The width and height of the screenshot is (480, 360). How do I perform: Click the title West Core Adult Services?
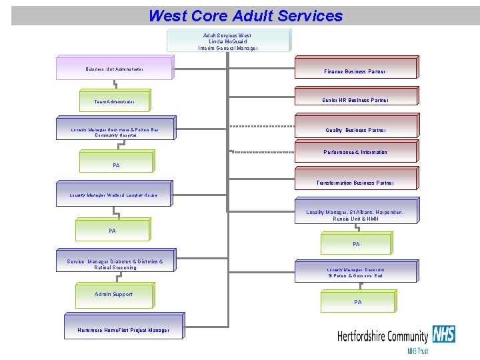point(245,15)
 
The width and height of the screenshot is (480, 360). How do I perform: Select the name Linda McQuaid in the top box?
point(227,41)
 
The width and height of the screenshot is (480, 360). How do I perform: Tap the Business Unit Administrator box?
point(115,68)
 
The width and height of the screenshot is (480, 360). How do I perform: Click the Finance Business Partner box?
point(355,70)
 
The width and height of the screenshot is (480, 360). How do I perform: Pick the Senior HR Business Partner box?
point(355,99)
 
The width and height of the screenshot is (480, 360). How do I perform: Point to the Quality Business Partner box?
point(355,129)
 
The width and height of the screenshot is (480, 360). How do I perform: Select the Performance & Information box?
point(355,152)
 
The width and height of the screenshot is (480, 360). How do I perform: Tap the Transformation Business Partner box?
point(355,182)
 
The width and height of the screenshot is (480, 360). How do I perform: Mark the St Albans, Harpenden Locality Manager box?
point(355,214)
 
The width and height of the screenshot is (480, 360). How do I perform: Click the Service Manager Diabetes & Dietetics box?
point(115,265)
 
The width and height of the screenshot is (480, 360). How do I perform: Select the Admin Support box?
point(115,294)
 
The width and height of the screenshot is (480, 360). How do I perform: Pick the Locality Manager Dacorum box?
point(355,272)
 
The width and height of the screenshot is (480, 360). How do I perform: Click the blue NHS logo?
point(443,333)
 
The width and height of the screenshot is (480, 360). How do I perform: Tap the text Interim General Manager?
point(227,48)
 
